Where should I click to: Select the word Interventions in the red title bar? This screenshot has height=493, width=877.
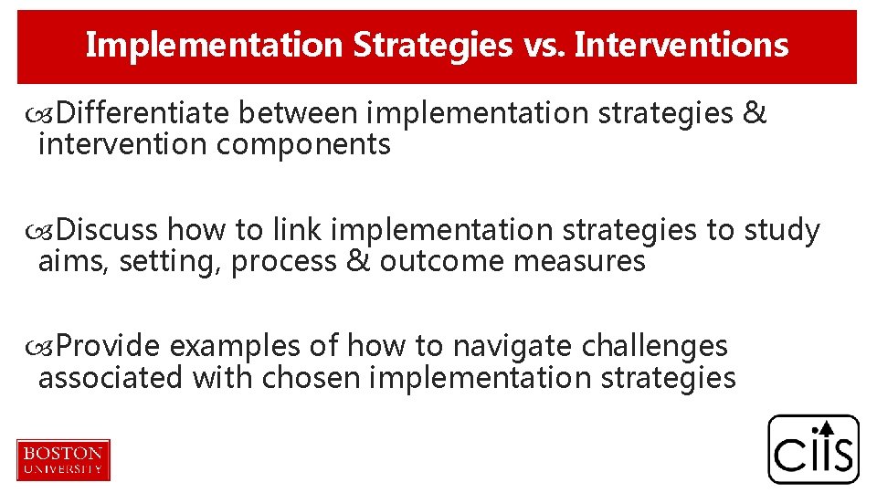[x=681, y=45]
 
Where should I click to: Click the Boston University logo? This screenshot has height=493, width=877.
[x=63, y=459]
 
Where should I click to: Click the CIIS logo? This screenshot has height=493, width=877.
[x=813, y=449]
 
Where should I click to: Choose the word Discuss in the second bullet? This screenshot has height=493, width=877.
[x=108, y=230]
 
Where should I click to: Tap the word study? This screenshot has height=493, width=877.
[x=782, y=230]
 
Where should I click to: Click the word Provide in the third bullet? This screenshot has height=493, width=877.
[x=109, y=346]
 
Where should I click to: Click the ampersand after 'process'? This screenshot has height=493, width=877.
[x=359, y=262]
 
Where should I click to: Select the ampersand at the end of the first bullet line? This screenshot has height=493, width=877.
[x=755, y=113]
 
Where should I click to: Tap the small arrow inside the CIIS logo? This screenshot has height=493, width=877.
[x=823, y=427]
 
